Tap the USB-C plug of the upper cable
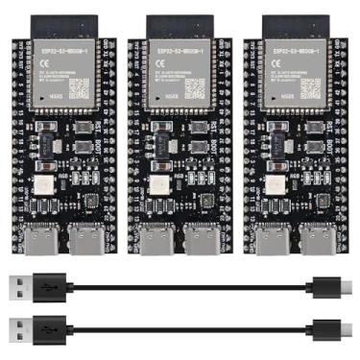(x=330, y=285)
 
